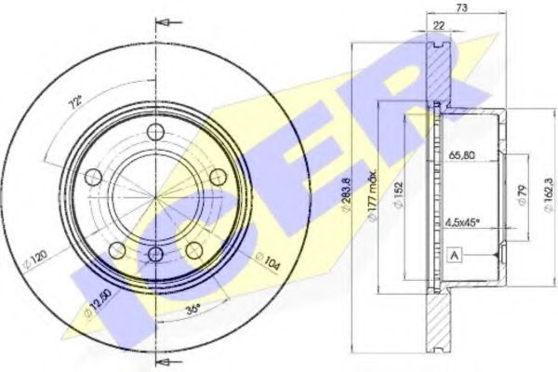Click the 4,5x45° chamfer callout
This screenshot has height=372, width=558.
462,222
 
